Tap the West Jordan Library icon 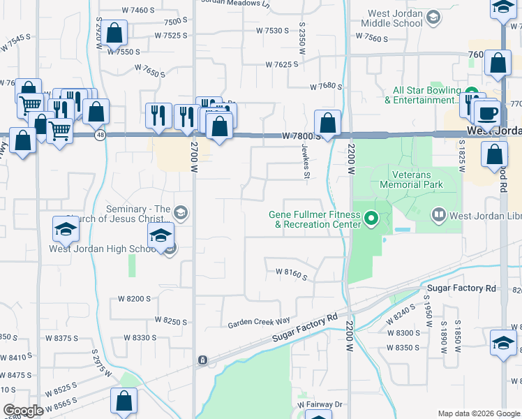pos(439,214)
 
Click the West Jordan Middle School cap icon pos(433,17)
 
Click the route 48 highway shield pos(100,135)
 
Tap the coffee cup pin pos(486,112)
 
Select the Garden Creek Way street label pos(258,323)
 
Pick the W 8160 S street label pos(291,274)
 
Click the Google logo pos(22,411)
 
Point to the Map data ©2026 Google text pos(478,413)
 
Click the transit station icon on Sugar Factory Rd pos(202,360)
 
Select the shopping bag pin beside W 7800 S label pos(327,124)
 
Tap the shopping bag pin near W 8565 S pos(124,402)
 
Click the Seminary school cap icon pos(180,212)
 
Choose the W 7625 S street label pos(281,64)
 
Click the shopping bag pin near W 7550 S pos(114,32)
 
